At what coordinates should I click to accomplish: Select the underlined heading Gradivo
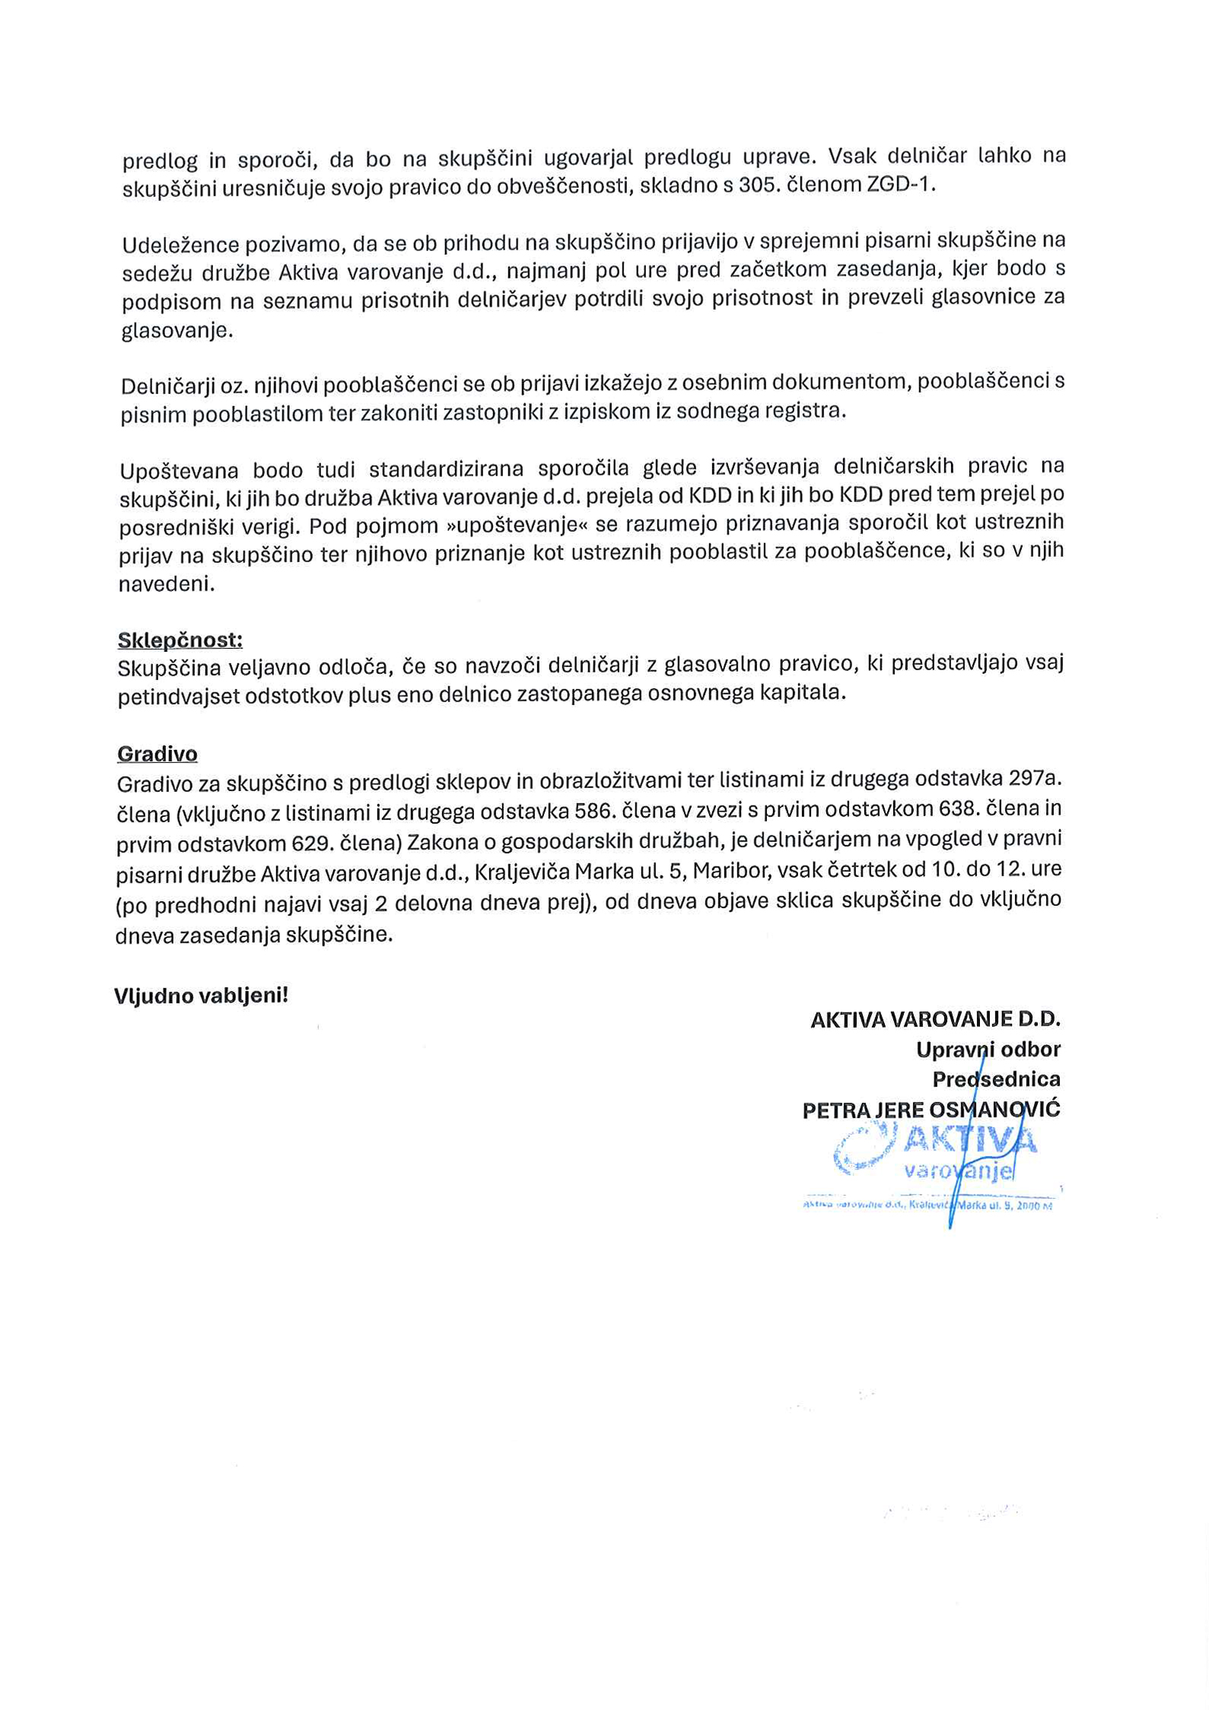(157, 754)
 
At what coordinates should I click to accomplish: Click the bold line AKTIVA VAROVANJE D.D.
(935, 1019)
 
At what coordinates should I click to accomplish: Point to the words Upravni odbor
(988, 1050)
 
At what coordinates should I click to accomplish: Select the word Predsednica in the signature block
(996, 1079)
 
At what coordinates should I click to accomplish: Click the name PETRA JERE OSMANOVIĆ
(931, 1110)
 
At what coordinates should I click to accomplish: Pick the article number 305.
(759, 185)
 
